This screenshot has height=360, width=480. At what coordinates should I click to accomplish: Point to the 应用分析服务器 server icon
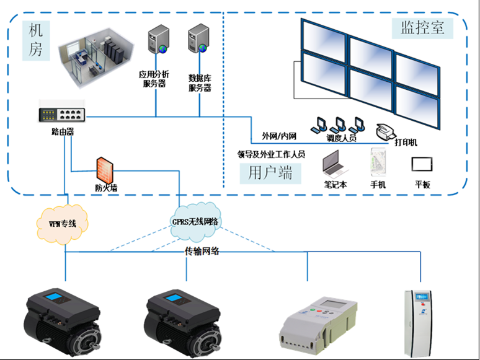[156, 41]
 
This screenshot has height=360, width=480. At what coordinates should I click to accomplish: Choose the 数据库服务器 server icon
[198, 41]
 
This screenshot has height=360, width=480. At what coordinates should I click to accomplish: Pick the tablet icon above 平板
[422, 164]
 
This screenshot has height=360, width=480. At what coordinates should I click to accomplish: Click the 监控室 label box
[422, 27]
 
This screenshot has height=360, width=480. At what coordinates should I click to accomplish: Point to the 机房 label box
[36, 40]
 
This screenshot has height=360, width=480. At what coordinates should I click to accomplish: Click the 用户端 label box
[270, 173]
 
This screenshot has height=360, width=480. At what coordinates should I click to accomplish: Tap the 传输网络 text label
[202, 252]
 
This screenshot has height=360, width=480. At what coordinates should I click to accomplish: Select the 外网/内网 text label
[278, 136]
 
